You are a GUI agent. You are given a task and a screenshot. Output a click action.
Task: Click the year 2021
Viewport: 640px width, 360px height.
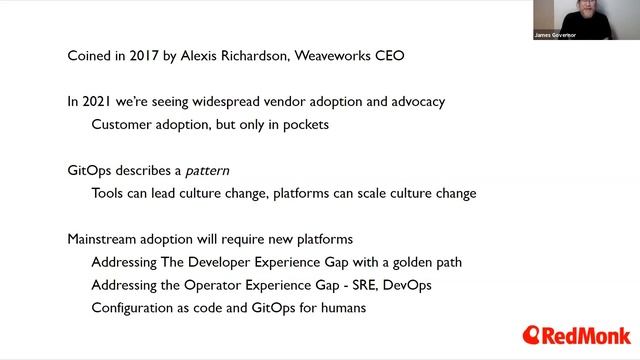100,101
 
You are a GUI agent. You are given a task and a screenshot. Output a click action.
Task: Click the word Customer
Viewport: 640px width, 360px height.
122,124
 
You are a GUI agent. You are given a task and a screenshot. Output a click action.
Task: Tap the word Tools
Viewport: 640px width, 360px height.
109,193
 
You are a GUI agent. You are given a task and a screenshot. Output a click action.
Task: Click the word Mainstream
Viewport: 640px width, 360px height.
107,239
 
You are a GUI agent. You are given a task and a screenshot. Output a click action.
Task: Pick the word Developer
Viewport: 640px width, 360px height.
227,262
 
